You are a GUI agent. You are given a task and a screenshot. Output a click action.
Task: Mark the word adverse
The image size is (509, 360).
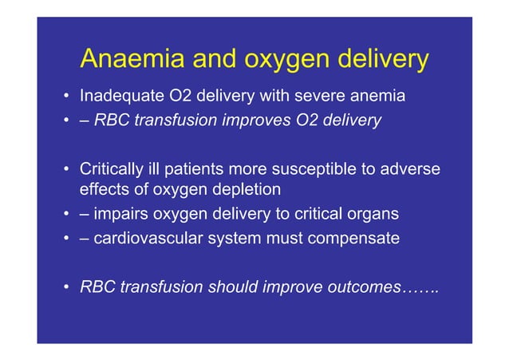tap(411, 169)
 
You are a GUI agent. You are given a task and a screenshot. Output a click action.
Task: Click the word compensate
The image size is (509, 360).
tap(354, 238)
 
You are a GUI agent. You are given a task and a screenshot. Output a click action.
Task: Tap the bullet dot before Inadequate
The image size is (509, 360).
tap(67, 97)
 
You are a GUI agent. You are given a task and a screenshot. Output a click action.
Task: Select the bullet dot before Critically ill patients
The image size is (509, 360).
tap(67, 170)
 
